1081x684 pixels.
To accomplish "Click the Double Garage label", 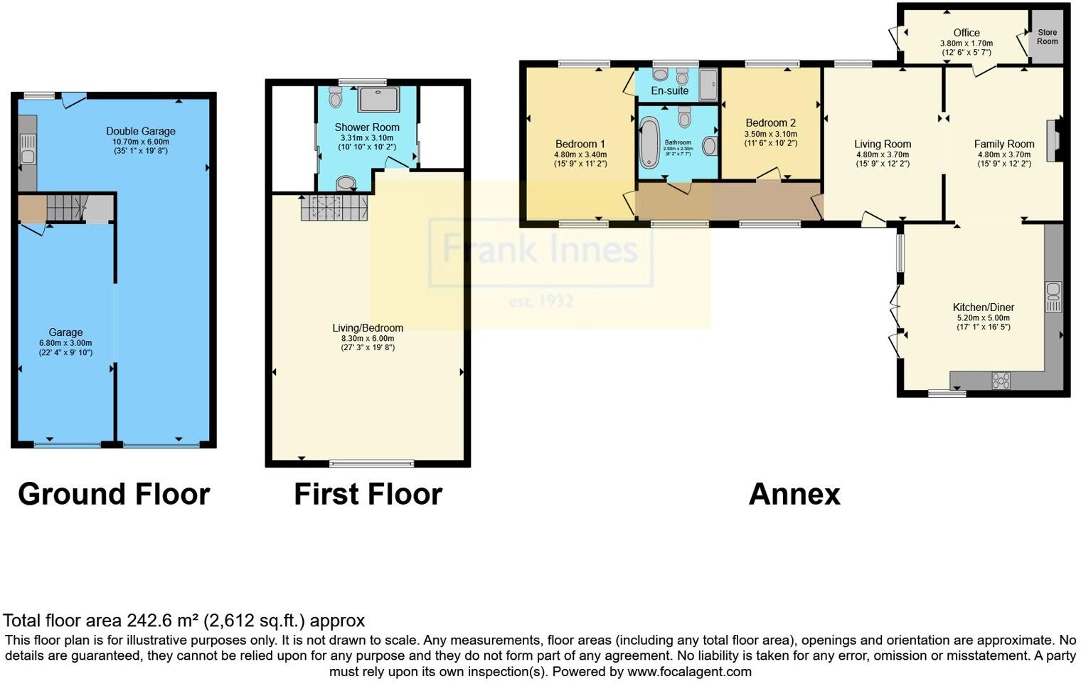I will pos(141,131).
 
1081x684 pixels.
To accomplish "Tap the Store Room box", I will pos(1047,37).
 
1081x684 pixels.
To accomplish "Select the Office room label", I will pos(966,33).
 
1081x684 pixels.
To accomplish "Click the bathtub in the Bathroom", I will pos(649,142).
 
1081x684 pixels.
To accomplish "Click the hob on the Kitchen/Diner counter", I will pos(1001,382).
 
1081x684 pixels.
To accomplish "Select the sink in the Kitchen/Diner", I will pos(1053,296).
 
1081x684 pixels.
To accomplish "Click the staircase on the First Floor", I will pos(334,207).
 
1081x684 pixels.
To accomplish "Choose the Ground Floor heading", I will pos(114,494).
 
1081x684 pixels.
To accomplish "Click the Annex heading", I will pos(794,494).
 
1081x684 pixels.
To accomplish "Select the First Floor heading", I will pos(368,494).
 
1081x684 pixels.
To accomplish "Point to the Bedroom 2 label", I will pos(770,122).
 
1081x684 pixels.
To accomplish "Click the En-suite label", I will pos(669,91).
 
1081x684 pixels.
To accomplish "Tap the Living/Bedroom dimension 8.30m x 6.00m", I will pos(368,338).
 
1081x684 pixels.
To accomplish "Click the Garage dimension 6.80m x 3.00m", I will pos(65,342).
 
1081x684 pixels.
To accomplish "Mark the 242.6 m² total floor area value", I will pos(163,621).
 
